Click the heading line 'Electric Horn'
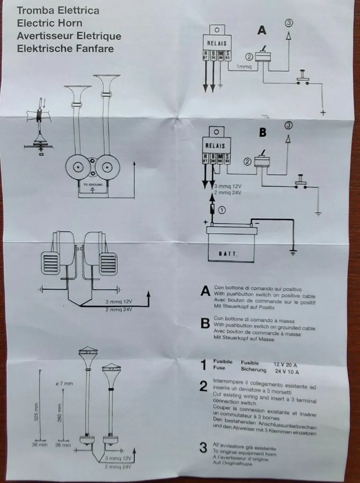pos(49,23)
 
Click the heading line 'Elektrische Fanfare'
pos(65,49)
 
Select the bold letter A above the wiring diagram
pos(262,31)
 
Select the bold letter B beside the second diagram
pos(263,132)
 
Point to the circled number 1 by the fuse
pos(222,209)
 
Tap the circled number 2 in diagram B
pos(247,162)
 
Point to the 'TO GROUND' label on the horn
pos(93,185)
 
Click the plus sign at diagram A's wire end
pos(323,113)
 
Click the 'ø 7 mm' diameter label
pos(64,384)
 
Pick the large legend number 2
pos(204,386)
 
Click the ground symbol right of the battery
pos(293,252)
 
